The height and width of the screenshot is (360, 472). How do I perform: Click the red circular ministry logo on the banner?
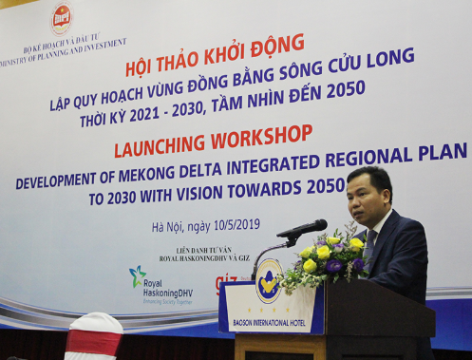coord(62,19)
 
